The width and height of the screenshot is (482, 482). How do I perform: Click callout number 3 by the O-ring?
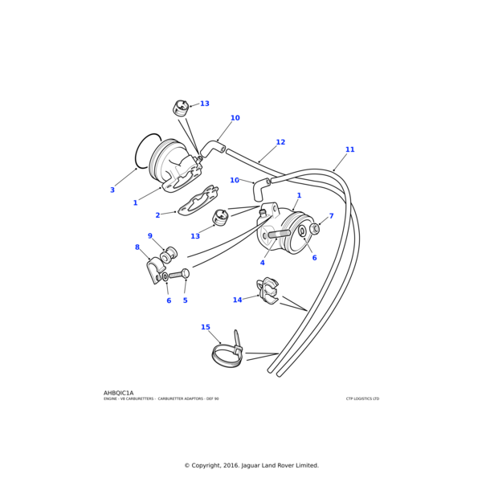tap(112, 190)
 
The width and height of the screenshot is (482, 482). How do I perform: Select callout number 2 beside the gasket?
tap(157, 215)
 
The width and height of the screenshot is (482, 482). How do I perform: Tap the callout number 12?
tap(280, 142)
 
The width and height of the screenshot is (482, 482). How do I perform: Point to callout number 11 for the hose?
tap(349, 149)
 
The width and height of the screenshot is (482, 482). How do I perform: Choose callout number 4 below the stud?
tap(262, 263)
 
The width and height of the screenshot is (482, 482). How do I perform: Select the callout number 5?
tap(185, 300)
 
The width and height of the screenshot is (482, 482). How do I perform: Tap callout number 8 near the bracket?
tap(137, 247)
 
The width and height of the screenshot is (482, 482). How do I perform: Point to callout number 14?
tap(237, 300)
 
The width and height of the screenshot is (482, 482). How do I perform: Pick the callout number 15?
tap(206, 327)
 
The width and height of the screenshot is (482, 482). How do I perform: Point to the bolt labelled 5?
tap(178, 275)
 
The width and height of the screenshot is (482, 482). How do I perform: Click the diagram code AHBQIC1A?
tap(119, 393)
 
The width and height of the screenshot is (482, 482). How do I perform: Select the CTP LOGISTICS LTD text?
tap(362, 398)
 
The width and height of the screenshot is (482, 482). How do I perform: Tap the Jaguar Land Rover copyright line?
tap(251, 465)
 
